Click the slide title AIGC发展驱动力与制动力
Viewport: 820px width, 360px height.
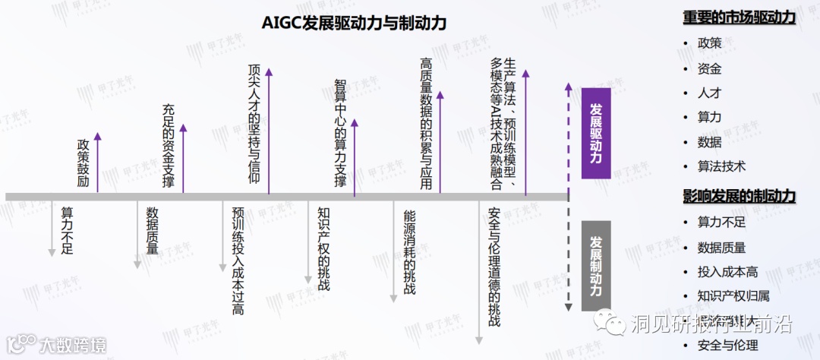tap(354, 24)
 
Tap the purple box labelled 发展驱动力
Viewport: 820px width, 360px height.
tap(596, 133)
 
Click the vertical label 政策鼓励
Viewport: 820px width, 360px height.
tap(83, 163)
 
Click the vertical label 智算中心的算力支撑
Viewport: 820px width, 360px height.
tap(339, 133)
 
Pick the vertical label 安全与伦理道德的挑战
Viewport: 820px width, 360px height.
tap(494, 266)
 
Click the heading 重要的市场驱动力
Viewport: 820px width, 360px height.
tap(739, 17)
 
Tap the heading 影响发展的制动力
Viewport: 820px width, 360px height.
tap(739, 196)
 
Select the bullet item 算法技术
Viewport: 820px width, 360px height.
tap(721, 166)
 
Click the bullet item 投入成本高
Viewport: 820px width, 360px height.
tap(727, 272)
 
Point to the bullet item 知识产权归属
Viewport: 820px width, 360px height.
tap(733, 296)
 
